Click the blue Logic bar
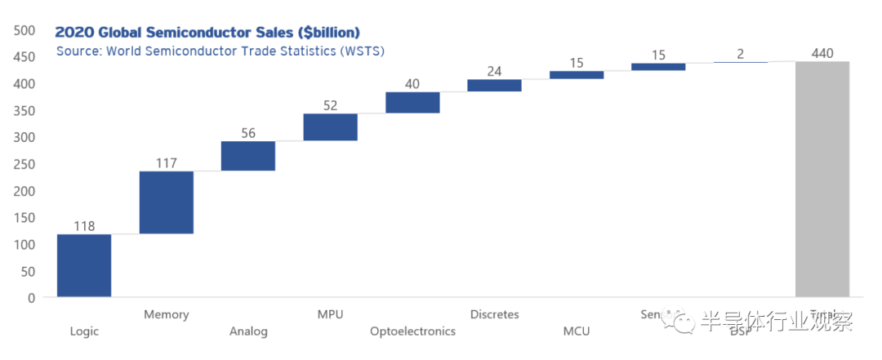84,265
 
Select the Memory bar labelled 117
166,202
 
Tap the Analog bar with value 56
248,156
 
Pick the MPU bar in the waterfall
330,127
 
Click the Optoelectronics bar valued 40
412,102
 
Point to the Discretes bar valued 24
494,85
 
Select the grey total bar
822,179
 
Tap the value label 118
84,226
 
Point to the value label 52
330,105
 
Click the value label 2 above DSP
740,54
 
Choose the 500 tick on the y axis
24,31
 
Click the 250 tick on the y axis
24,164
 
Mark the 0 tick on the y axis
31,298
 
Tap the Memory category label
166,314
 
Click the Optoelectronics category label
412,331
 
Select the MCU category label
576,331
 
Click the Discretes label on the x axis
494,314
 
